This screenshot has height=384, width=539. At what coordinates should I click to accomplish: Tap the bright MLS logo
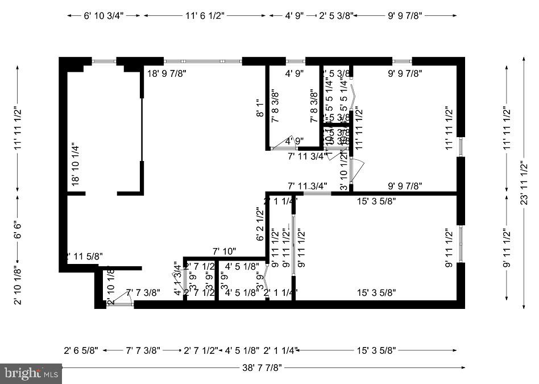[x=31, y=374]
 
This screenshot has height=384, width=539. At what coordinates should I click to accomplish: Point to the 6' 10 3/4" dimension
[x=103, y=16]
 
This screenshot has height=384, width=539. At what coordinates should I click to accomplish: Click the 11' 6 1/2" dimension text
[x=205, y=16]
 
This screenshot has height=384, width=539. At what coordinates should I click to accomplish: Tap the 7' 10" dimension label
[x=224, y=251]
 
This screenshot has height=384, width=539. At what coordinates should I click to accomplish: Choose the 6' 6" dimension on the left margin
[x=18, y=226]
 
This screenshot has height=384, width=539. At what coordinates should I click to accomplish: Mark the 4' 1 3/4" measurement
[x=177, y=278]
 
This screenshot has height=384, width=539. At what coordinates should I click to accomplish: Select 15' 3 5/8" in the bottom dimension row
[x=376, y=350]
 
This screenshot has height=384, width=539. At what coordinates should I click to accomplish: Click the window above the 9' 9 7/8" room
[x=402, y=61]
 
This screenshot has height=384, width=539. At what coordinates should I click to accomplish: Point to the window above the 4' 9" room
[x=295, y=61]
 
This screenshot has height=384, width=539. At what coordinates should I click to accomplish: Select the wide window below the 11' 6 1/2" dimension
[x=203, y=61]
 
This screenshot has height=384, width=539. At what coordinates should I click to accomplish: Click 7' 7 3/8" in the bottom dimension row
[x=143, y=350]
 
